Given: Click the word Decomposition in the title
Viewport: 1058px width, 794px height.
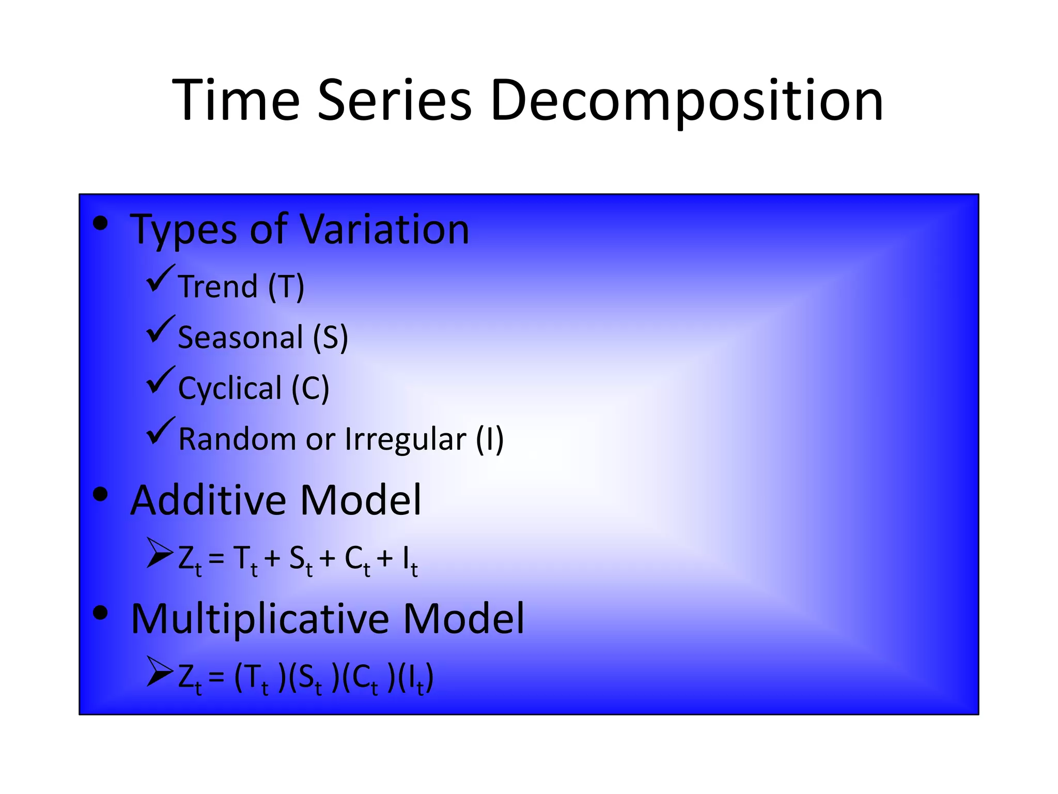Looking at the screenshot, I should click(x=687, y=101).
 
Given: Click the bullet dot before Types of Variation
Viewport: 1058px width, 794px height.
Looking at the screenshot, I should click(x=100, y=223).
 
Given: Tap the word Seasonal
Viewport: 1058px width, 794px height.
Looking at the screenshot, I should click(x=240, y=338).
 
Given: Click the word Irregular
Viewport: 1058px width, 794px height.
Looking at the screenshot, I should click(x=406, y=439).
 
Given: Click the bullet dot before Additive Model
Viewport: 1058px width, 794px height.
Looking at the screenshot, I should click(x=100, y=495).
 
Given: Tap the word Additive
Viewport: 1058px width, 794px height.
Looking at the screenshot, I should click(x=208, y=500).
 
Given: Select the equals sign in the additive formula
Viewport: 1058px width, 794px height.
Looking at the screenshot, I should click(x=216, y=559).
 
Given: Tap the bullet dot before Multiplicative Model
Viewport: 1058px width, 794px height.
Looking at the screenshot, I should click(x=100, y=613).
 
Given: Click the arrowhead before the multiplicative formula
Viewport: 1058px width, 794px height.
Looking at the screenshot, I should click(x=160, y=671).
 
